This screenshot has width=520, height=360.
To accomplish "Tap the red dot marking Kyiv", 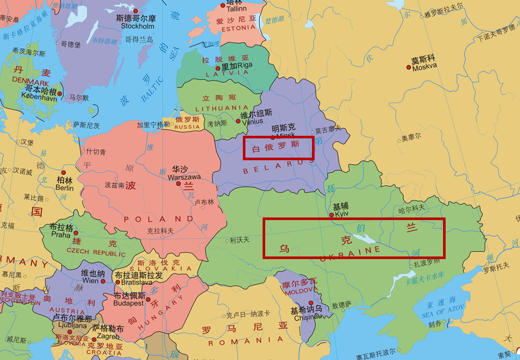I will click(332, 214).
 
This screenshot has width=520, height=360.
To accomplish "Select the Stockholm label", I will click(137, 26).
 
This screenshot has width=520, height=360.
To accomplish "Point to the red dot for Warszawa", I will click(178, 184).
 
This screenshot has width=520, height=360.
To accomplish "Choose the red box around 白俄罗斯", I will click(279, 148).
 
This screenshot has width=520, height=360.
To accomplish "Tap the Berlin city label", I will click(64, 188).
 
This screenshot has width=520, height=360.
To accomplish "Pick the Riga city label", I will click(244, 66).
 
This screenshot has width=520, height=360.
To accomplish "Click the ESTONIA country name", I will click(239, 29).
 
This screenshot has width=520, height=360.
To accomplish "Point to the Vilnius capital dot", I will click(238, 121).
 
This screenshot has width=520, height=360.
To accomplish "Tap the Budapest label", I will click(129, 303).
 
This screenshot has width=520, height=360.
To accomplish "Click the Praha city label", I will click(60, 235).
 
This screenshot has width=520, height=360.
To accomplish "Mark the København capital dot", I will click(60, 94).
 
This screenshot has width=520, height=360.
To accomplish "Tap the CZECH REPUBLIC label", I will click(96, 253).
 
